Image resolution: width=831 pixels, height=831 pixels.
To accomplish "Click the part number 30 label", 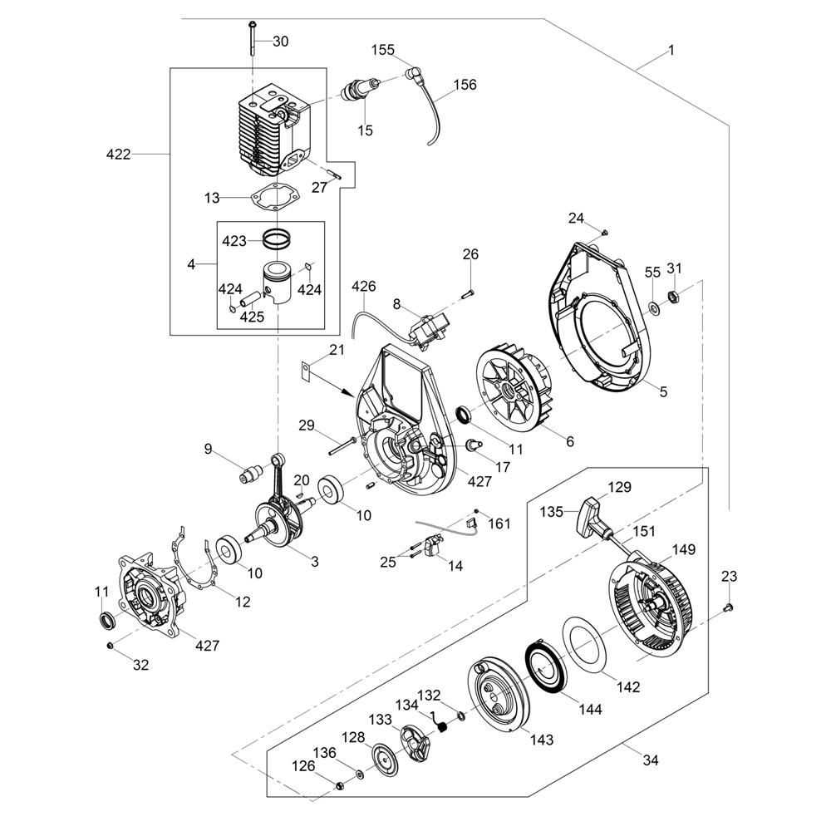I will point(281,42).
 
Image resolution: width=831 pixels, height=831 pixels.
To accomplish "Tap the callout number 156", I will point(465,84).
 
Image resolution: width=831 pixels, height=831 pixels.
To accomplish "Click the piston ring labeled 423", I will point(280,238).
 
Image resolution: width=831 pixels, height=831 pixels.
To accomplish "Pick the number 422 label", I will point(120,155).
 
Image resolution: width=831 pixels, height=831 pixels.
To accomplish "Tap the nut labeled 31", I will point(675,295).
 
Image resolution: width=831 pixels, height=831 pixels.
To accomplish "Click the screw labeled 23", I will point(728,607).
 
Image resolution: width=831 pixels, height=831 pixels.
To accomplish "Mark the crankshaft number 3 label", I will point(315,562).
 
